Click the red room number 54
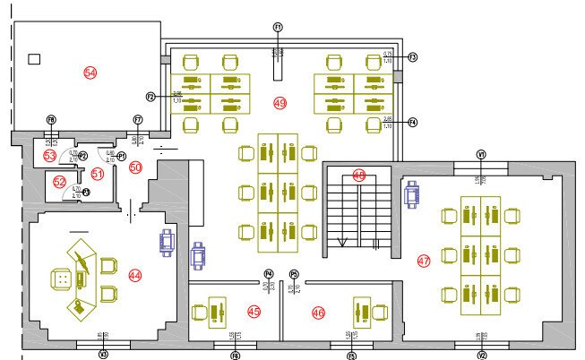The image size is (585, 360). pos(90,72)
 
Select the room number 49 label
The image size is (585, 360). pos(280,104)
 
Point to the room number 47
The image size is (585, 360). pos(424,261)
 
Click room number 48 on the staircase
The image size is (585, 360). pos(359,175)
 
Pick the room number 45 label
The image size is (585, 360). pos(254,312)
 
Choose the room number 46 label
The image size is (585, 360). pos(317,312)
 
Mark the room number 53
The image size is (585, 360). pos(50,156)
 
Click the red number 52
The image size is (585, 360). pos(59,182)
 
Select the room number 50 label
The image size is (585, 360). pos(135,167)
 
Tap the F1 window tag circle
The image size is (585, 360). pos(278,28)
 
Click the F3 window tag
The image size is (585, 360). pos(413,57)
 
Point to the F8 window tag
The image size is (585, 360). pos(51,119)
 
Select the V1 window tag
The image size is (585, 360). pos(481,154)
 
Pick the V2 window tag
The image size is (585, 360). pos(482,355)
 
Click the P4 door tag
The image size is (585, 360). pos(268,273)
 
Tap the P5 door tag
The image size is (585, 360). pos(294,273)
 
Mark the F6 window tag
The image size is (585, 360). pos(236,355)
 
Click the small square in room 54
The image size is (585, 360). pos(34,59)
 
